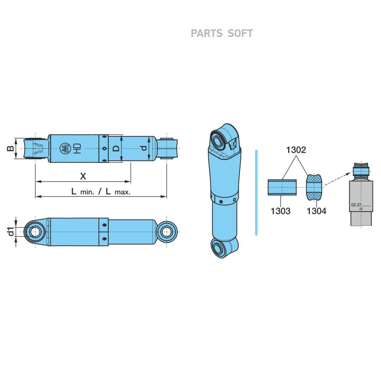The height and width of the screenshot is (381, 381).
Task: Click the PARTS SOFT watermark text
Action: (x=221, y=33)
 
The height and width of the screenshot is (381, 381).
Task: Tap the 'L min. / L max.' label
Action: (x=101, y=191)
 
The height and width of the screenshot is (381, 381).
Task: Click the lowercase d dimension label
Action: (x=144, y=149)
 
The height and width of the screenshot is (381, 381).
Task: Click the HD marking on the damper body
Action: (x=76, y=149)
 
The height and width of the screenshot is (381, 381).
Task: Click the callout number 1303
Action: (x=280, y=210)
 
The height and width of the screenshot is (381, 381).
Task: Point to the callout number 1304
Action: (x=316, y=210)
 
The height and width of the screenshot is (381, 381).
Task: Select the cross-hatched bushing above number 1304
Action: (x=315, y=187)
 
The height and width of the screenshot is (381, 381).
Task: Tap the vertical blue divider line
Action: (x=256, y=191)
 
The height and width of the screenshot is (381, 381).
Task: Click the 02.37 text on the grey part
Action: (x=356, y=205)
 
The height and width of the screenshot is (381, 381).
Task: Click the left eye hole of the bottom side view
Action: (x=35, y=232)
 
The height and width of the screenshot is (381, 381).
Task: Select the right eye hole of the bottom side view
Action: (x=167, y=232)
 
